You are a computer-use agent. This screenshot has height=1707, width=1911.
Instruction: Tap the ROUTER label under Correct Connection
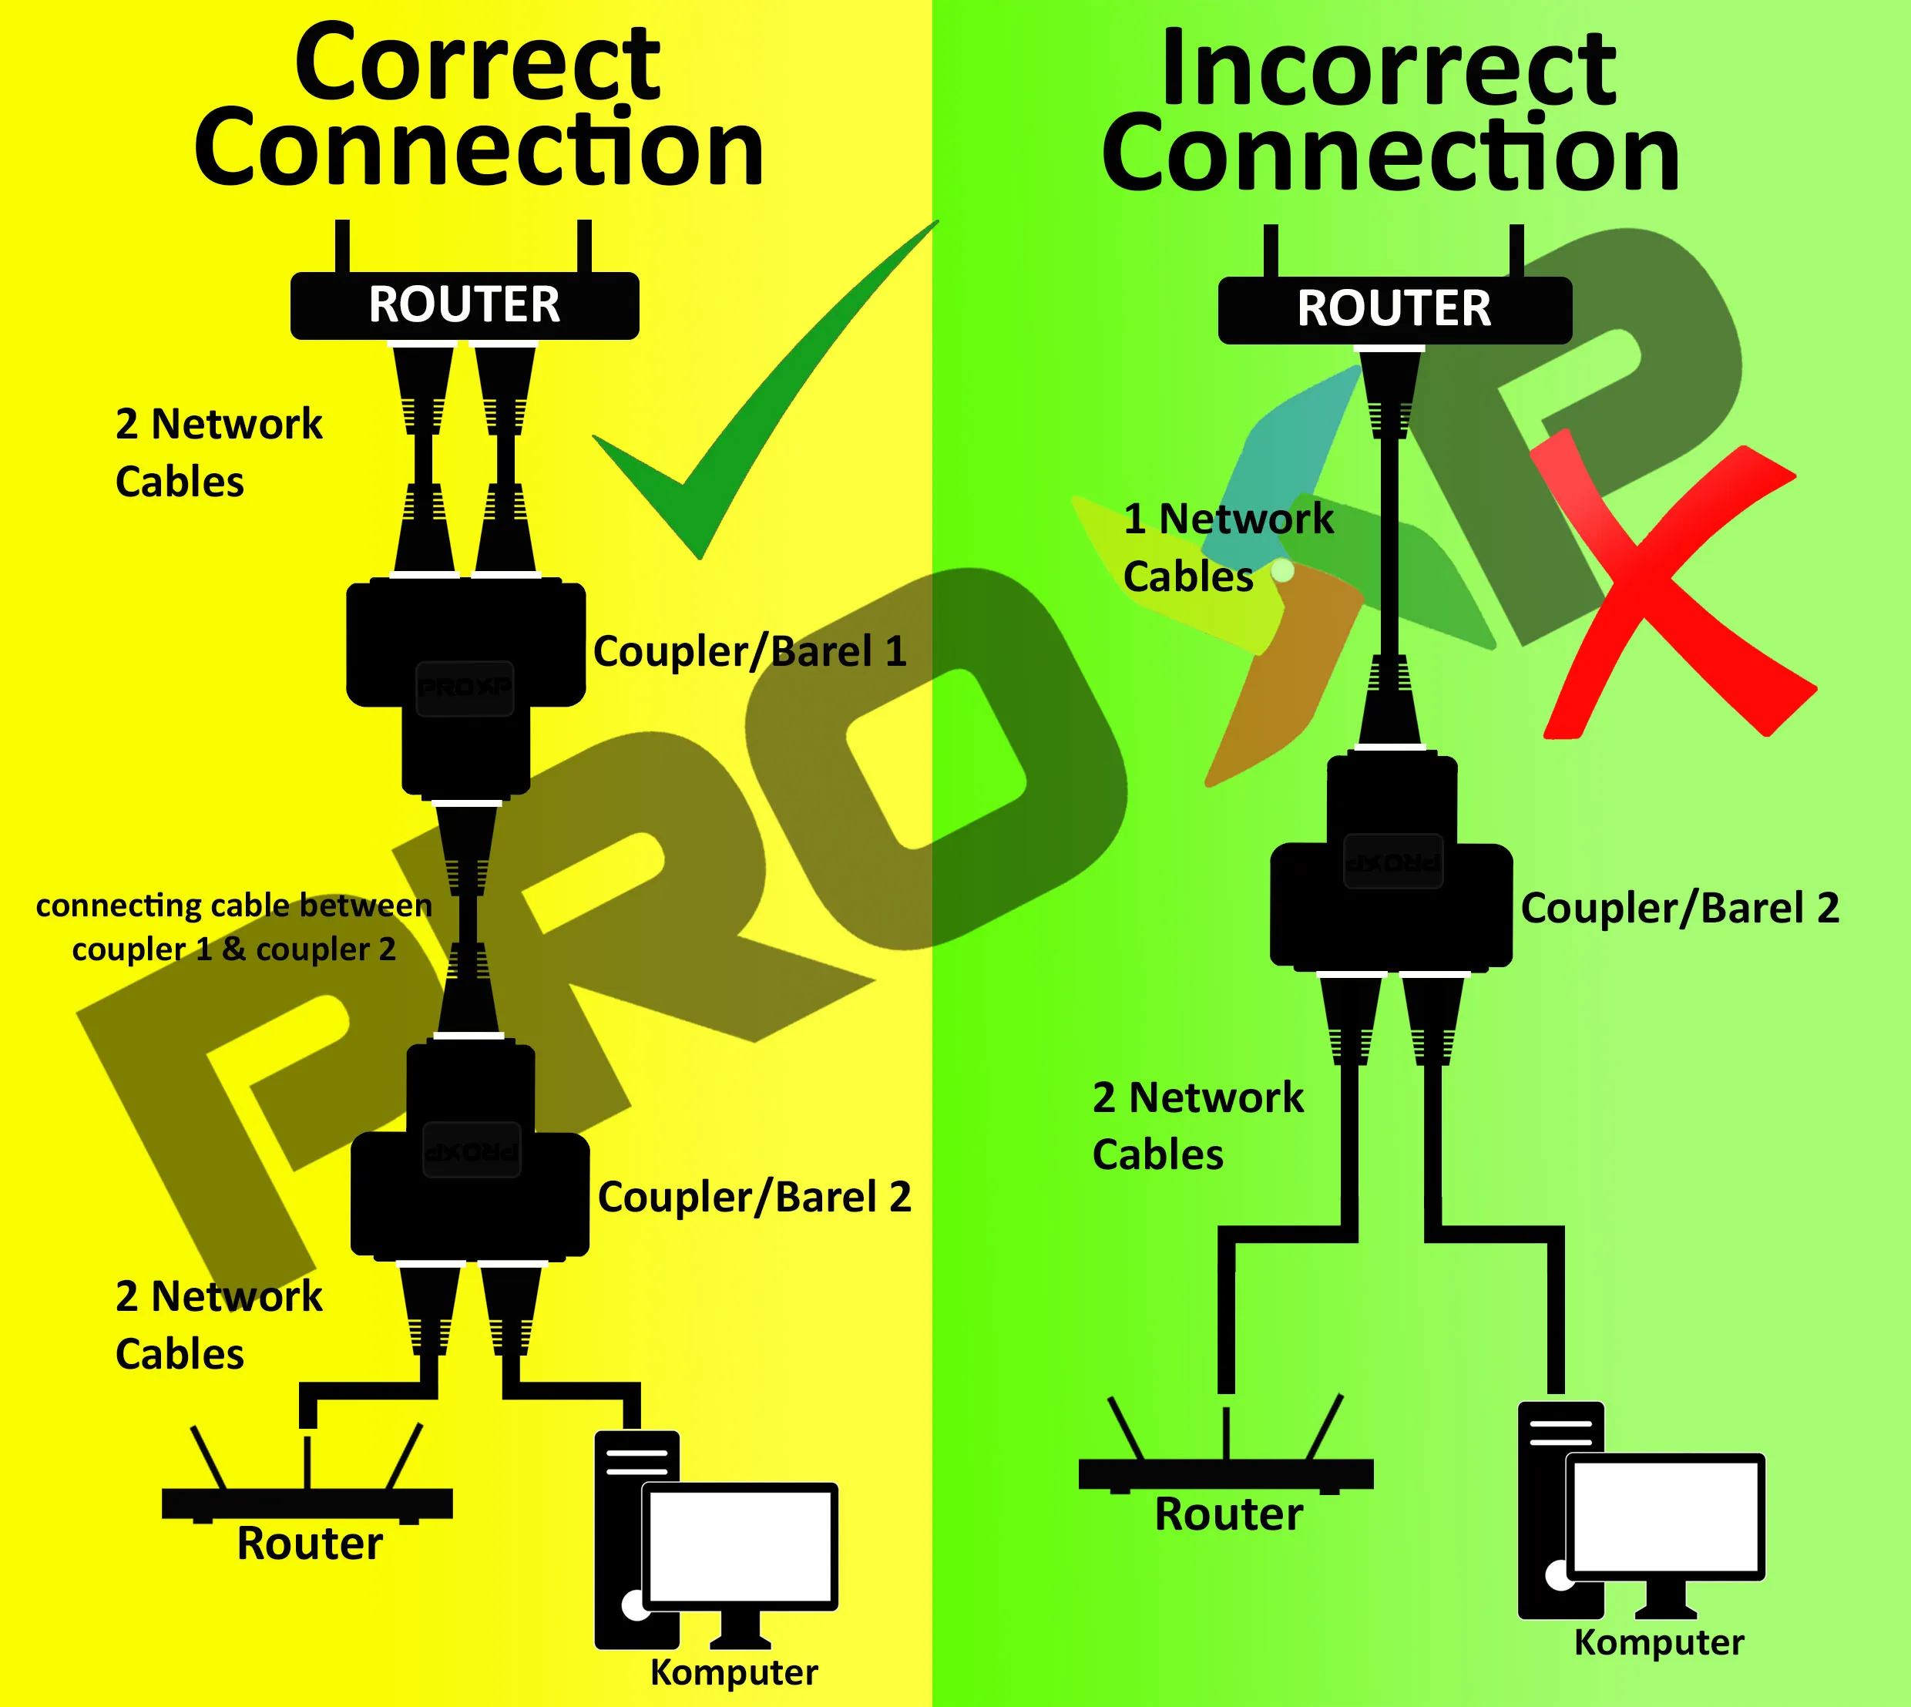464,305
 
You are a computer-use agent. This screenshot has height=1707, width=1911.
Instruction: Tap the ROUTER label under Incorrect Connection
1393,308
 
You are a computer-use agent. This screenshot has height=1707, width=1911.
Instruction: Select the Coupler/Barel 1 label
751,651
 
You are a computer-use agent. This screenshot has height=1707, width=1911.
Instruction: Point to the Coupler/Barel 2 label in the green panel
1679,908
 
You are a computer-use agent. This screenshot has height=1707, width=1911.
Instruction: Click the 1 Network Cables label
1228,547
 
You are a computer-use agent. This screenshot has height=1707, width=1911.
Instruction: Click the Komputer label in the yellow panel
734,1672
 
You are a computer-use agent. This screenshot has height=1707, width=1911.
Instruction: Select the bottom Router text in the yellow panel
310,1543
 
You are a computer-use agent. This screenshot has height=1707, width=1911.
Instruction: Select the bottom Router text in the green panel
1228,1514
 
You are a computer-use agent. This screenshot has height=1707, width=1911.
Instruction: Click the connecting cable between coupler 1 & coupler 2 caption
233,926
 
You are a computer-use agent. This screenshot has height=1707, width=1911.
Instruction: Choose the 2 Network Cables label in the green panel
1197,1125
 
